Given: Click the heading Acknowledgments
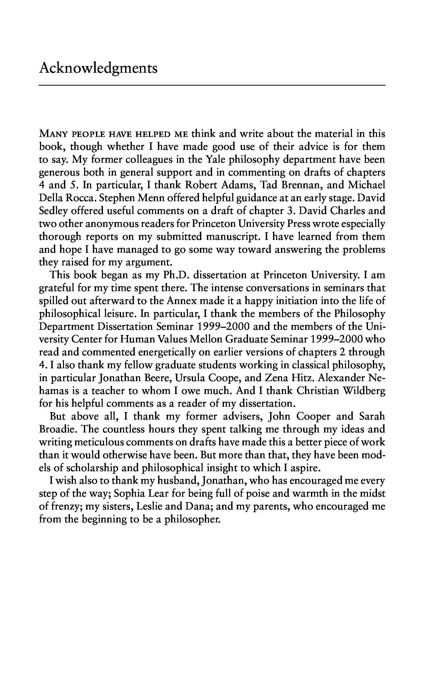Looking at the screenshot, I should tap(98, 69).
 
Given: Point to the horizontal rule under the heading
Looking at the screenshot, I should tap(212, 85).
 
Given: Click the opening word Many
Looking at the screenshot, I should tap(53, 134).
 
